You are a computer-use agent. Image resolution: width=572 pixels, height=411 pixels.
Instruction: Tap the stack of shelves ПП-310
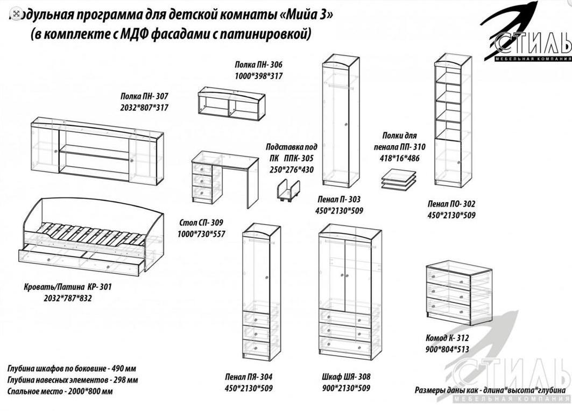tap(399, 180)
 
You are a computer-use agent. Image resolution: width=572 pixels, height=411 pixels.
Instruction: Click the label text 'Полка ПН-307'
tap(144, 97)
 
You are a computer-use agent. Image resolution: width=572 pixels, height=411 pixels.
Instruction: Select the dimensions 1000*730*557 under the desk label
tap(201, 234)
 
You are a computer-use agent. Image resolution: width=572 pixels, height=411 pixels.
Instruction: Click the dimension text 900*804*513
tap(447, 349)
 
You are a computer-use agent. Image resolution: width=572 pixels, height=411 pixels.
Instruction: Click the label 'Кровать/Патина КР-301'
tap(68, 287)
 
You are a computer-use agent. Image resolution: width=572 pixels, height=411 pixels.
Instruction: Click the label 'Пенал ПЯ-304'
tap(248, 377)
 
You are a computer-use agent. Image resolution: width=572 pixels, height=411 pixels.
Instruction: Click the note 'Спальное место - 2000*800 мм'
tap(60, 392)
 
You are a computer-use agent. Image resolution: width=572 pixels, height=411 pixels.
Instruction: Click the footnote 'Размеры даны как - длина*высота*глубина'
tap(490, 390)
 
